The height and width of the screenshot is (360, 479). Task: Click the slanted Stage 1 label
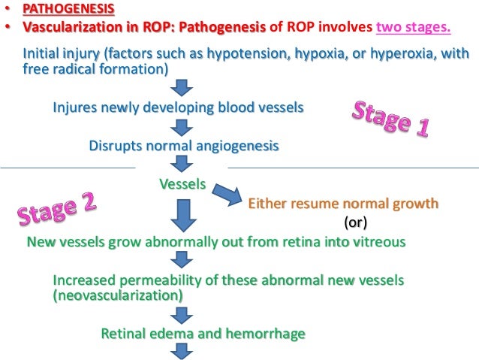tap(390, 118)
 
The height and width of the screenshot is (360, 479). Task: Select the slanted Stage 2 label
tap(57, 210)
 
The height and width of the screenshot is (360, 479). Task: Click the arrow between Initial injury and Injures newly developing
tap(180, 88)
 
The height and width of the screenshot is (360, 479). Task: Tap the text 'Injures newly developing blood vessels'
tap(178, 107)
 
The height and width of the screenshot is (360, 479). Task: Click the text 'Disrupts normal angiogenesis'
tap(183, 146)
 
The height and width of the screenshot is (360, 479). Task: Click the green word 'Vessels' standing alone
tap(182, 183)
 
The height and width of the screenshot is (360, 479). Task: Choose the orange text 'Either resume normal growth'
tap(343, 204)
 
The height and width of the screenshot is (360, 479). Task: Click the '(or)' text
tap(355, 223)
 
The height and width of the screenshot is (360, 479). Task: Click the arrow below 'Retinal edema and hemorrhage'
tap(181, 351)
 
